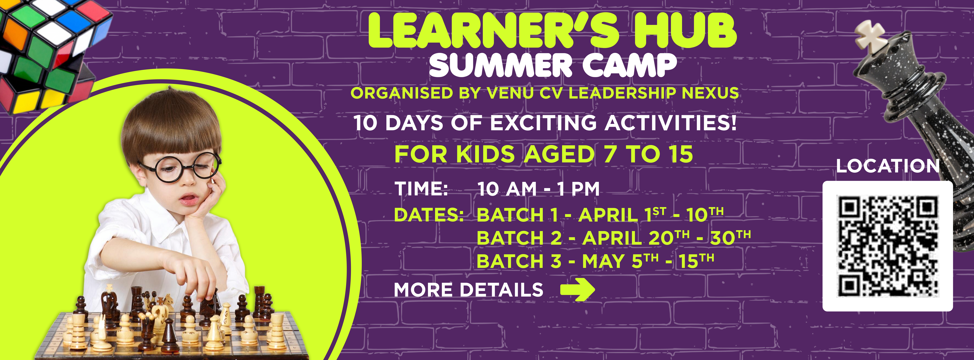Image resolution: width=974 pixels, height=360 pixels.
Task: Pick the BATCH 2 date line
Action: (x=613, y=238)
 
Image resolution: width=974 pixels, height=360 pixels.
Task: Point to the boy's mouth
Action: (x=189, y=198)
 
